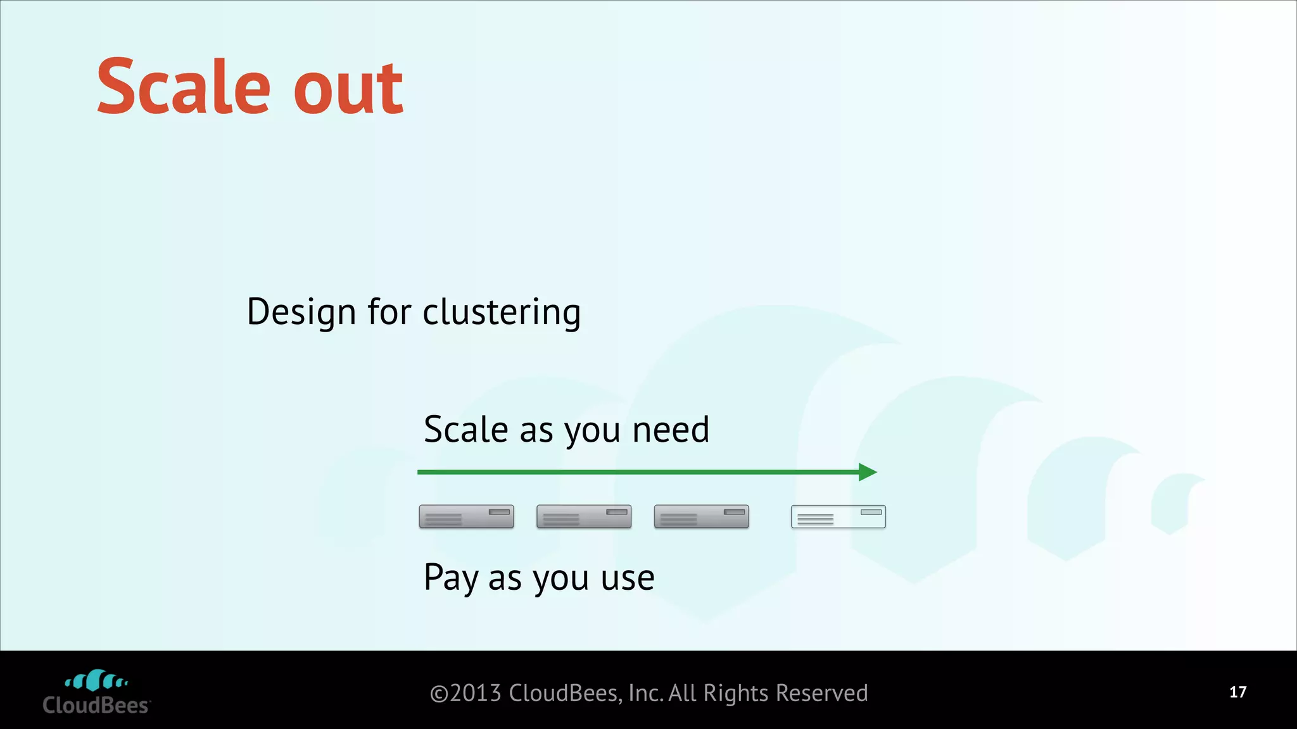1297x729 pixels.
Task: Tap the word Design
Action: point(301,312)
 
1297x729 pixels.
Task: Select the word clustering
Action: point(501,312)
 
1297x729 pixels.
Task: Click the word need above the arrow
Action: point(671,430)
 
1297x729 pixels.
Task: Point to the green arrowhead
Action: point(868,472)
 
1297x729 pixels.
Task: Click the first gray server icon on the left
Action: point(466,516)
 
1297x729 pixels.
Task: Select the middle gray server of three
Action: point(584,516)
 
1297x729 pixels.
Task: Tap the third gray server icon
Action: point(701,516)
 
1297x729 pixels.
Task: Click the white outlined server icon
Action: point(838,516)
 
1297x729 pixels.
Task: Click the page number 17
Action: point(1237,692)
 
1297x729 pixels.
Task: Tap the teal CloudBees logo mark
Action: point(96,681)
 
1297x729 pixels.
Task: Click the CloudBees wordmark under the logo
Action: point(96,706)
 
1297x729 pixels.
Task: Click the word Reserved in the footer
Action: point(821,694)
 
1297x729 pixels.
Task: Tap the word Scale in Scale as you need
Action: point(465,430)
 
